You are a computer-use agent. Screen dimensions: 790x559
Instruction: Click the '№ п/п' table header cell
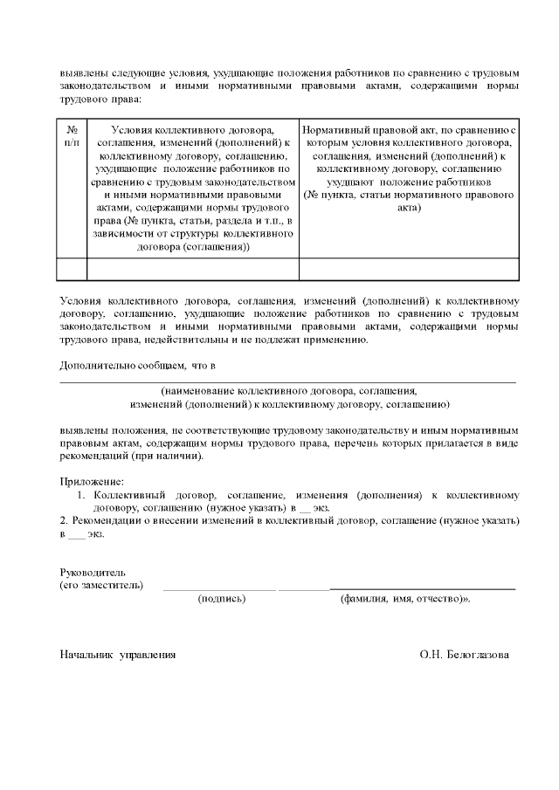[x=72, y=135]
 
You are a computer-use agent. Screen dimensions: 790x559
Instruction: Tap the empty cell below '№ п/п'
[x=72, y=268]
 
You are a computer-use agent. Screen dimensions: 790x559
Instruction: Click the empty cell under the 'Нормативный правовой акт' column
[x=410, y=268]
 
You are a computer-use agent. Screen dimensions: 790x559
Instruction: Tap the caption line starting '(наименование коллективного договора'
[x=289, y=392]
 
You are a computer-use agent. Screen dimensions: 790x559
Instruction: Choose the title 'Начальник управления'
[x=117, y=654]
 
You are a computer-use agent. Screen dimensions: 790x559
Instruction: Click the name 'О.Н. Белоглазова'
[x=464, y=654]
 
